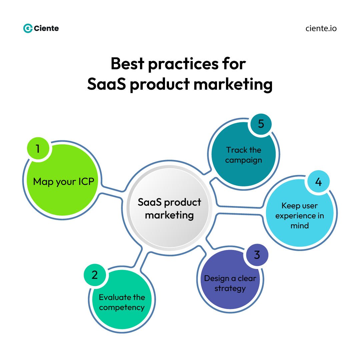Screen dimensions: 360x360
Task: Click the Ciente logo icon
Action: pos(28,28)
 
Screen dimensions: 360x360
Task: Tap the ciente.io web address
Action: pos(321,28)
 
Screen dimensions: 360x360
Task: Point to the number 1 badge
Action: pos(38,149)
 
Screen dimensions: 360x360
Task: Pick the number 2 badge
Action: pos(95,275)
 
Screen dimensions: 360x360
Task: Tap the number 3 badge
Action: pos(257,255)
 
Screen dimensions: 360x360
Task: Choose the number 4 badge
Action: pos(318,182)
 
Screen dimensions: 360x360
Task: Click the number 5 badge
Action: pos(261,124)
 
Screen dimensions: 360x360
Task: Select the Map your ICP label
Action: pos(64,182)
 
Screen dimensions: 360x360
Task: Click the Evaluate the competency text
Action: pos(122,302)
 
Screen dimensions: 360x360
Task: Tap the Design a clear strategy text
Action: pos(230,283)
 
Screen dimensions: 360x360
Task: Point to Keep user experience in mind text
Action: pos(299,215)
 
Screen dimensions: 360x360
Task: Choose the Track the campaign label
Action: pos(243,155)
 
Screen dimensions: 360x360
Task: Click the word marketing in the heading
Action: pos(233,84)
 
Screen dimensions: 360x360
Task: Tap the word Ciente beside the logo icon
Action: pos(46,28)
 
